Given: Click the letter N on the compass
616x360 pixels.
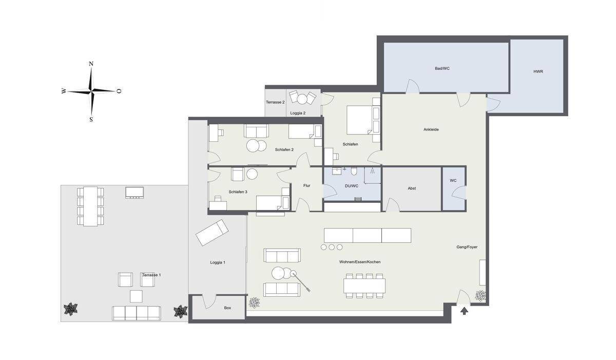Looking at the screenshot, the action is point(91,64).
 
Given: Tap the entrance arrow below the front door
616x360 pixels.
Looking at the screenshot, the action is point(464,311).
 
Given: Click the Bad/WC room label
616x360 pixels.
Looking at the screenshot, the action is point(442,68).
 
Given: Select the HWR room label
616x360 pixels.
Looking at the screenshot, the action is point(538,71).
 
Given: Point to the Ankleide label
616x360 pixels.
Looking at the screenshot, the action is point(431,129).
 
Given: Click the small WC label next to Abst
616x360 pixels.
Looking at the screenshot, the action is point(453,180).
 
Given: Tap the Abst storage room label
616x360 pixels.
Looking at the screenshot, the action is point(412,188).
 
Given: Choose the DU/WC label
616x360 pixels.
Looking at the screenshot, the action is point(352,186).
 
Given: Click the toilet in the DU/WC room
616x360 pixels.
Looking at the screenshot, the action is point(354,171).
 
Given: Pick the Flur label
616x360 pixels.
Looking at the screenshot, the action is point(306,185).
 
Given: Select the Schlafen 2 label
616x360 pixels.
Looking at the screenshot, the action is point(284,149).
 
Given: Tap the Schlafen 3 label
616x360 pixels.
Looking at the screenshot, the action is point(238,192).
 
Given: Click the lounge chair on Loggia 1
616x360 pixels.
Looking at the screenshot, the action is point(212,233).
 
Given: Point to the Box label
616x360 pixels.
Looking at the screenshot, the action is point(227,308).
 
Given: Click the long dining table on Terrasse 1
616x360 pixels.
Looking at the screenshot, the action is point(90,206).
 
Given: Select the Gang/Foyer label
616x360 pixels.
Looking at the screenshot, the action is point(467,247).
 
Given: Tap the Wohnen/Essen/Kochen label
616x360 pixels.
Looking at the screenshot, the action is point(360,262).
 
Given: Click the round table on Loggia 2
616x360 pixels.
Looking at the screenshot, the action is point(302,99).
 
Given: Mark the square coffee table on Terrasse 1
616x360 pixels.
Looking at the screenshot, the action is point(136,296).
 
